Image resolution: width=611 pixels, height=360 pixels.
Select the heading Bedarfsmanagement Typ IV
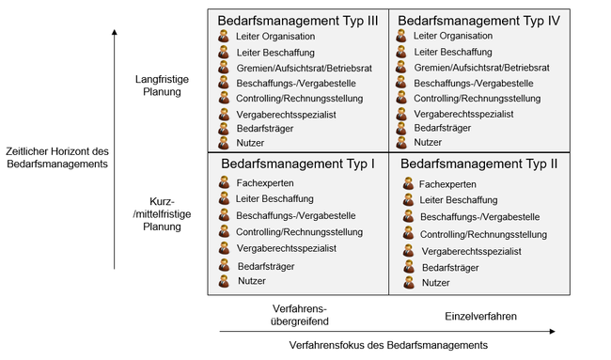(479, 20)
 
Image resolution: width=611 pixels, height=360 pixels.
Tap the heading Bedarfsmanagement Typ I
(298, 164)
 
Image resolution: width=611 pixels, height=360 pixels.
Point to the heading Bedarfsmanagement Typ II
(479, 164)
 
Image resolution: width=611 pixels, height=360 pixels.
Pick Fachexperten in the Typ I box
(265, 183)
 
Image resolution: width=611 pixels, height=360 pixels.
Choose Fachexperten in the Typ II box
(447, 184)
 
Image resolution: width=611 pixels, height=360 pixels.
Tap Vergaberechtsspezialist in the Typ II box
(472, 251)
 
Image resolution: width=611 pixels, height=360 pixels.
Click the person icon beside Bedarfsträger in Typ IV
(401, 127)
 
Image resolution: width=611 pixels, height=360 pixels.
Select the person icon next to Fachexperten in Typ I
(225, 183)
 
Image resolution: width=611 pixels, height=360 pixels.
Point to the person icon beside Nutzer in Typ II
(408, 282)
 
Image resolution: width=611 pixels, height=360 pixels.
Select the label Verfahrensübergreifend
(299, 315)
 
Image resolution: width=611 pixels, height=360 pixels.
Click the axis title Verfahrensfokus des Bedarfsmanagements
(388, 346)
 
